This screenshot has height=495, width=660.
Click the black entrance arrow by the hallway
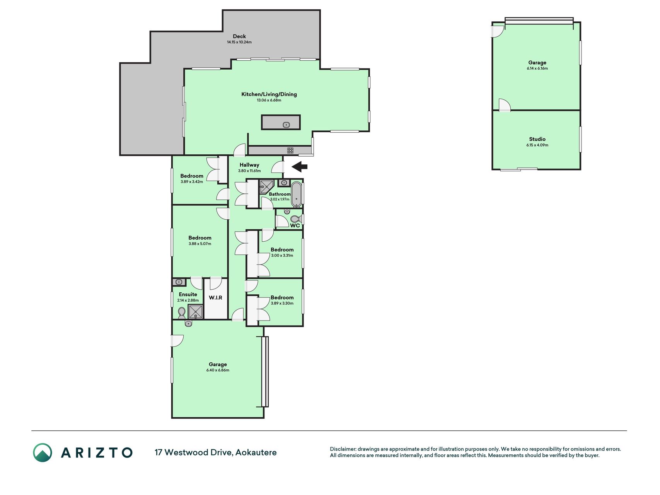(299, 167)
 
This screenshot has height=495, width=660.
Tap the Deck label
(239, 36)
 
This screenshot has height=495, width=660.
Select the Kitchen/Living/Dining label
(269, 94)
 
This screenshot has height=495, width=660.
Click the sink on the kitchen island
(286, 125)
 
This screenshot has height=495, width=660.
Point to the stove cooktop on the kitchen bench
(290, 150)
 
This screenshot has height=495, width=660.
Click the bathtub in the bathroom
(297, 194)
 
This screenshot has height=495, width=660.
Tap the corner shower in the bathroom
(266, 186)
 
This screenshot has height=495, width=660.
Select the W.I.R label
(215, 297)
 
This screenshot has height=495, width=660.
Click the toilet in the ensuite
(182, 312)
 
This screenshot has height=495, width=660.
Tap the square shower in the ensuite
(195, 311)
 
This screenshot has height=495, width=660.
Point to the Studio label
(537, 139)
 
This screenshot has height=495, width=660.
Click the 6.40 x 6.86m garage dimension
(218, 370)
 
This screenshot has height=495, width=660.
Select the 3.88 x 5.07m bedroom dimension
(200, 244)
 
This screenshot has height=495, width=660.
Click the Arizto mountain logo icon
(42, 452)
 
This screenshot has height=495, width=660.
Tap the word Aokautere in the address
(256, 452)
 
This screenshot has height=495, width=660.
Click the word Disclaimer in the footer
(343, 449)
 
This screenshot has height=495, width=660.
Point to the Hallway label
(249, 165)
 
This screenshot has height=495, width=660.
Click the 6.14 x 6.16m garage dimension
(537, 68)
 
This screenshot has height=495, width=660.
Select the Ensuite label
(188, 294)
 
